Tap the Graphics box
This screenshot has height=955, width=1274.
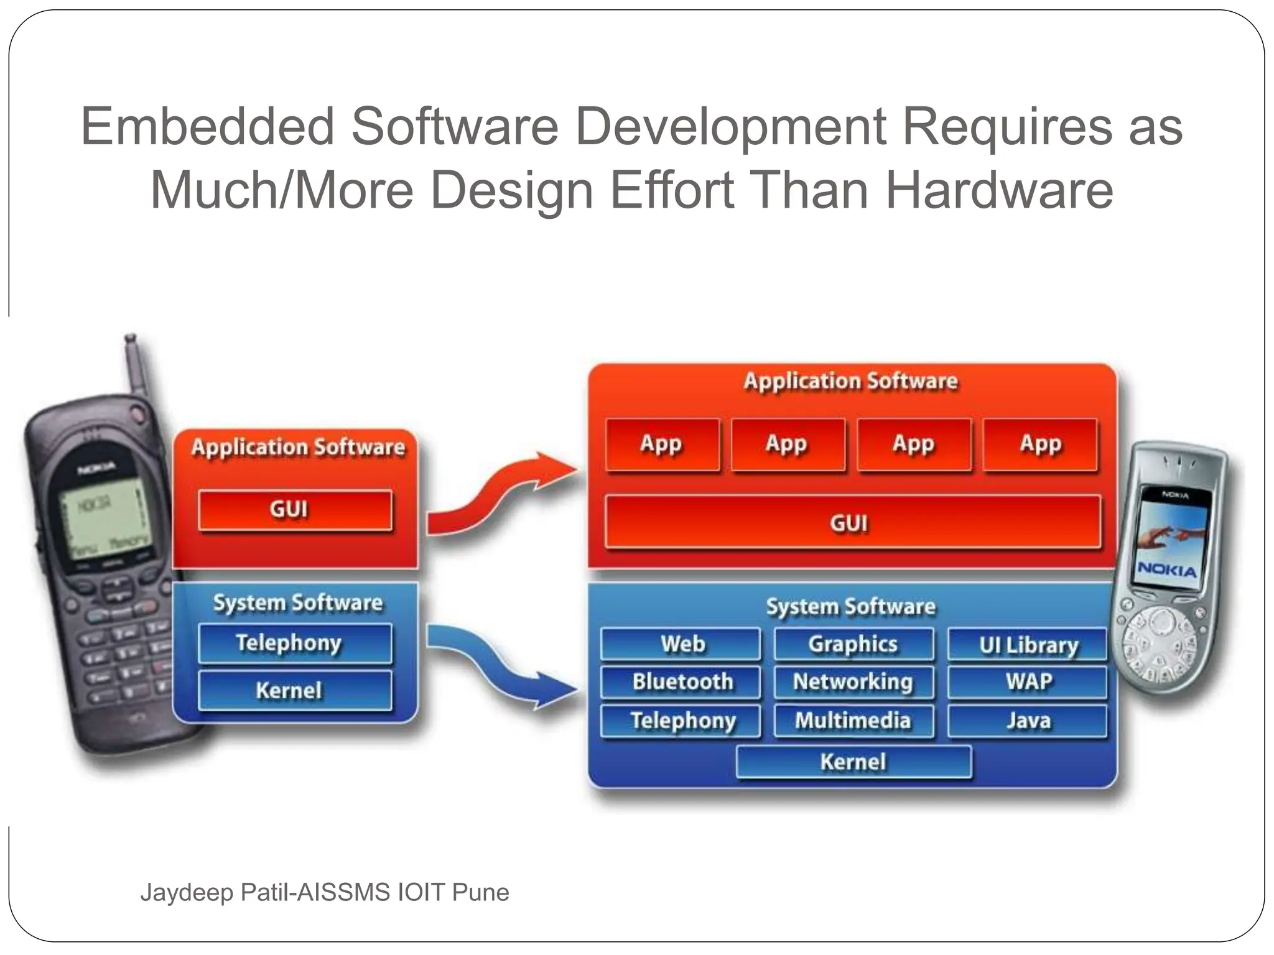point(853,644)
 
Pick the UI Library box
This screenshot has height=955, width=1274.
point(1027,644)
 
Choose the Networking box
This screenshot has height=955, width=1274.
point(853,681)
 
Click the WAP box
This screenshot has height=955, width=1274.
point(1027,681)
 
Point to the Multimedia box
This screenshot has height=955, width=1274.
point(853,720)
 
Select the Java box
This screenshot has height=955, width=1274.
point(1027,720)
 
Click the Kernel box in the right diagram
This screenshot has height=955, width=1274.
point(853,762)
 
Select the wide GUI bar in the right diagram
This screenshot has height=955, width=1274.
point(852,522)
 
